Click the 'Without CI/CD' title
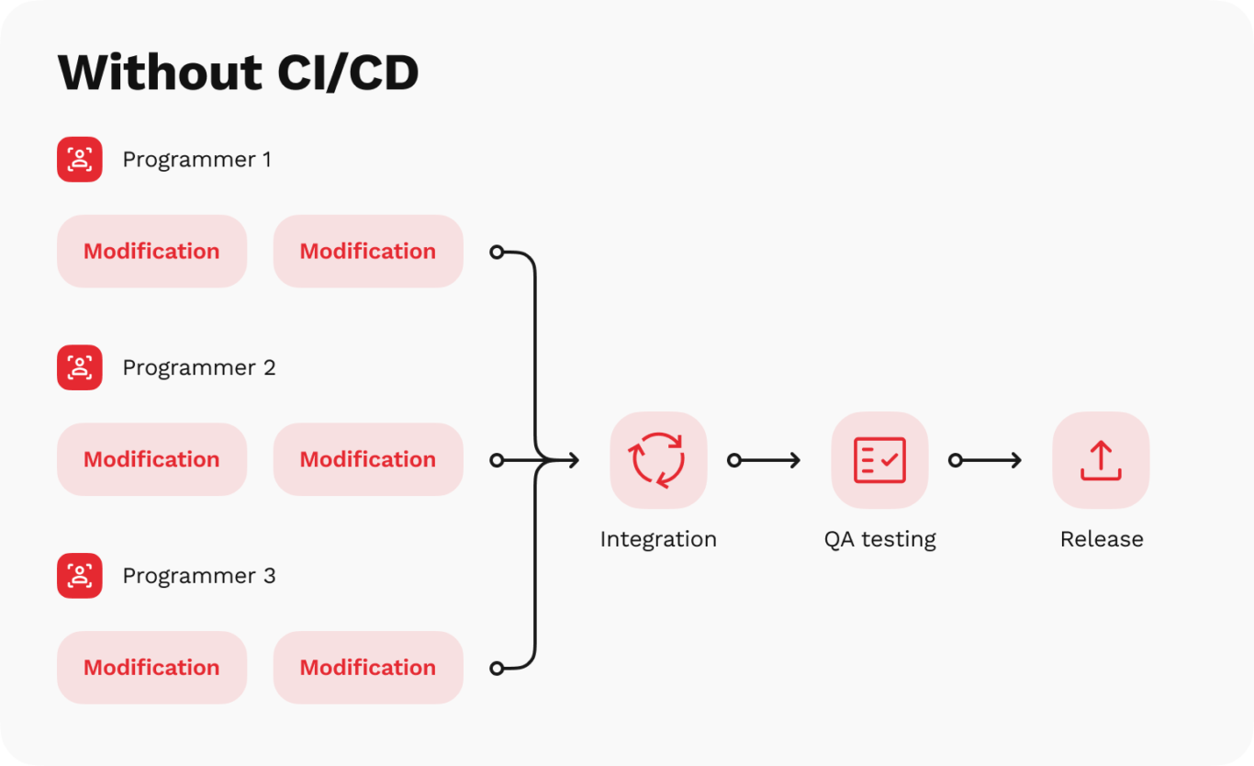[238, 73]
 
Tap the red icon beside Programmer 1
[80, 160]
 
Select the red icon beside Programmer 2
[80, 367]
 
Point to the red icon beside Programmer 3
[80, 576]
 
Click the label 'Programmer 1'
[196, 160]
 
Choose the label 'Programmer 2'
[198, 367]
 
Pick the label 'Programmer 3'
[198, 576]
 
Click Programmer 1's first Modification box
[151, 252]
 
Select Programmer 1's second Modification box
[368, 252]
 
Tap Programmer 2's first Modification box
[151, 459]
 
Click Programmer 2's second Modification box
[368, 459]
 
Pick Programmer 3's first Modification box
[151, 668]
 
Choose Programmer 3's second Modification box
[368, 668]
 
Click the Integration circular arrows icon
[658, 460]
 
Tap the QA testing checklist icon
[879, 460]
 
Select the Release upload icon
[1101, 460]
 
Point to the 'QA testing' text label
[879, 539]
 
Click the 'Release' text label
[1102, 539]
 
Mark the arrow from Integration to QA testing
[766, 460]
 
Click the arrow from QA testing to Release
[987, 460]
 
